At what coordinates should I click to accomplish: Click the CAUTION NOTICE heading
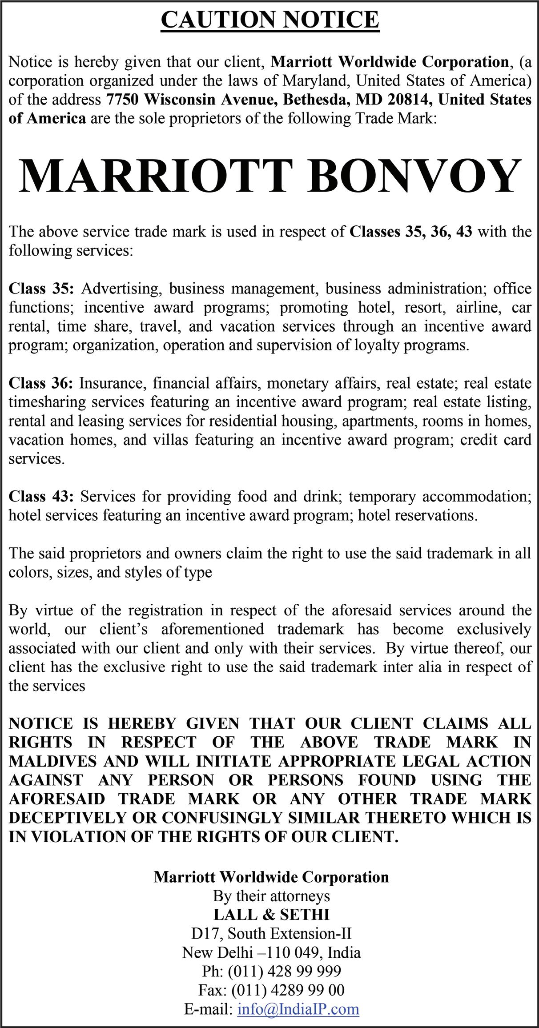point(270,20)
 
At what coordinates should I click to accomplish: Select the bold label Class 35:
point(41,289)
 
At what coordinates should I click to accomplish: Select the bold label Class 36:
point(41,383)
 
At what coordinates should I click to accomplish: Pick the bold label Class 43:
point(41,496)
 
